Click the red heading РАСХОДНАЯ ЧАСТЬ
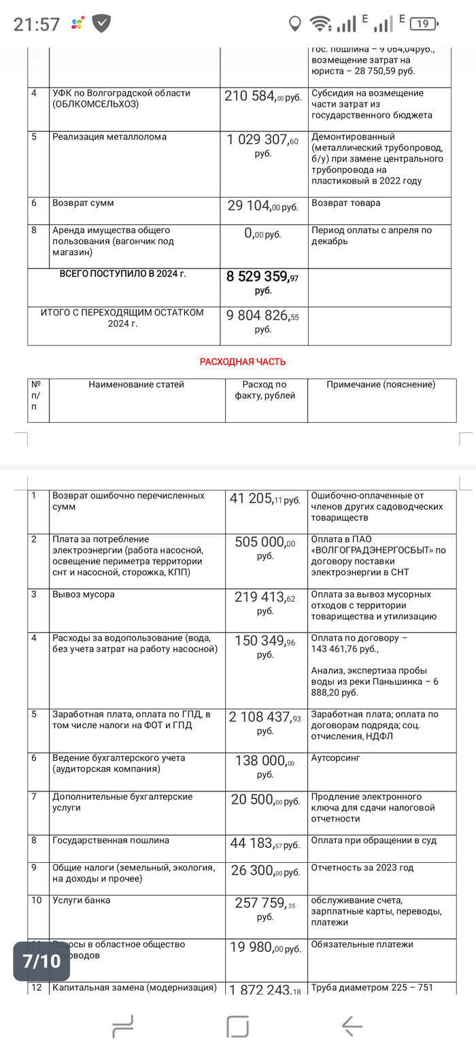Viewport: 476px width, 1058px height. pos(242,362)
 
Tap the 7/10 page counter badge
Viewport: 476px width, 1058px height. pos(41,961)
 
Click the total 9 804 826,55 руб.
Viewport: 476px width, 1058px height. pos(262,322)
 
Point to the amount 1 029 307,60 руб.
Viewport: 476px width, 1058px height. pos(262,146)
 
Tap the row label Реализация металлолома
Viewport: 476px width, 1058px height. pos(109,137)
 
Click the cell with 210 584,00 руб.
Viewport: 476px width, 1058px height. pos(262,97)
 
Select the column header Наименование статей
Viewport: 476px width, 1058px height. pos(136,385)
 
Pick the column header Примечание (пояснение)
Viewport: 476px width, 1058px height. pos(381,385)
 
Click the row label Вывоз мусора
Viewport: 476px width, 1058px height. pos(84,594)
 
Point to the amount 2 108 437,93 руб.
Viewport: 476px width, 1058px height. pos(265,723)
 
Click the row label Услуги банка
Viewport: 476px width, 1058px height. pos(81,900)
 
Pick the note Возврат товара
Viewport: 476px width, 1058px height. pos(345,203)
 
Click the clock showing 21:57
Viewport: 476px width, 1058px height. pos(37,24)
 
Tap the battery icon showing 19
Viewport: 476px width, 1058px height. pos(423,24)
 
